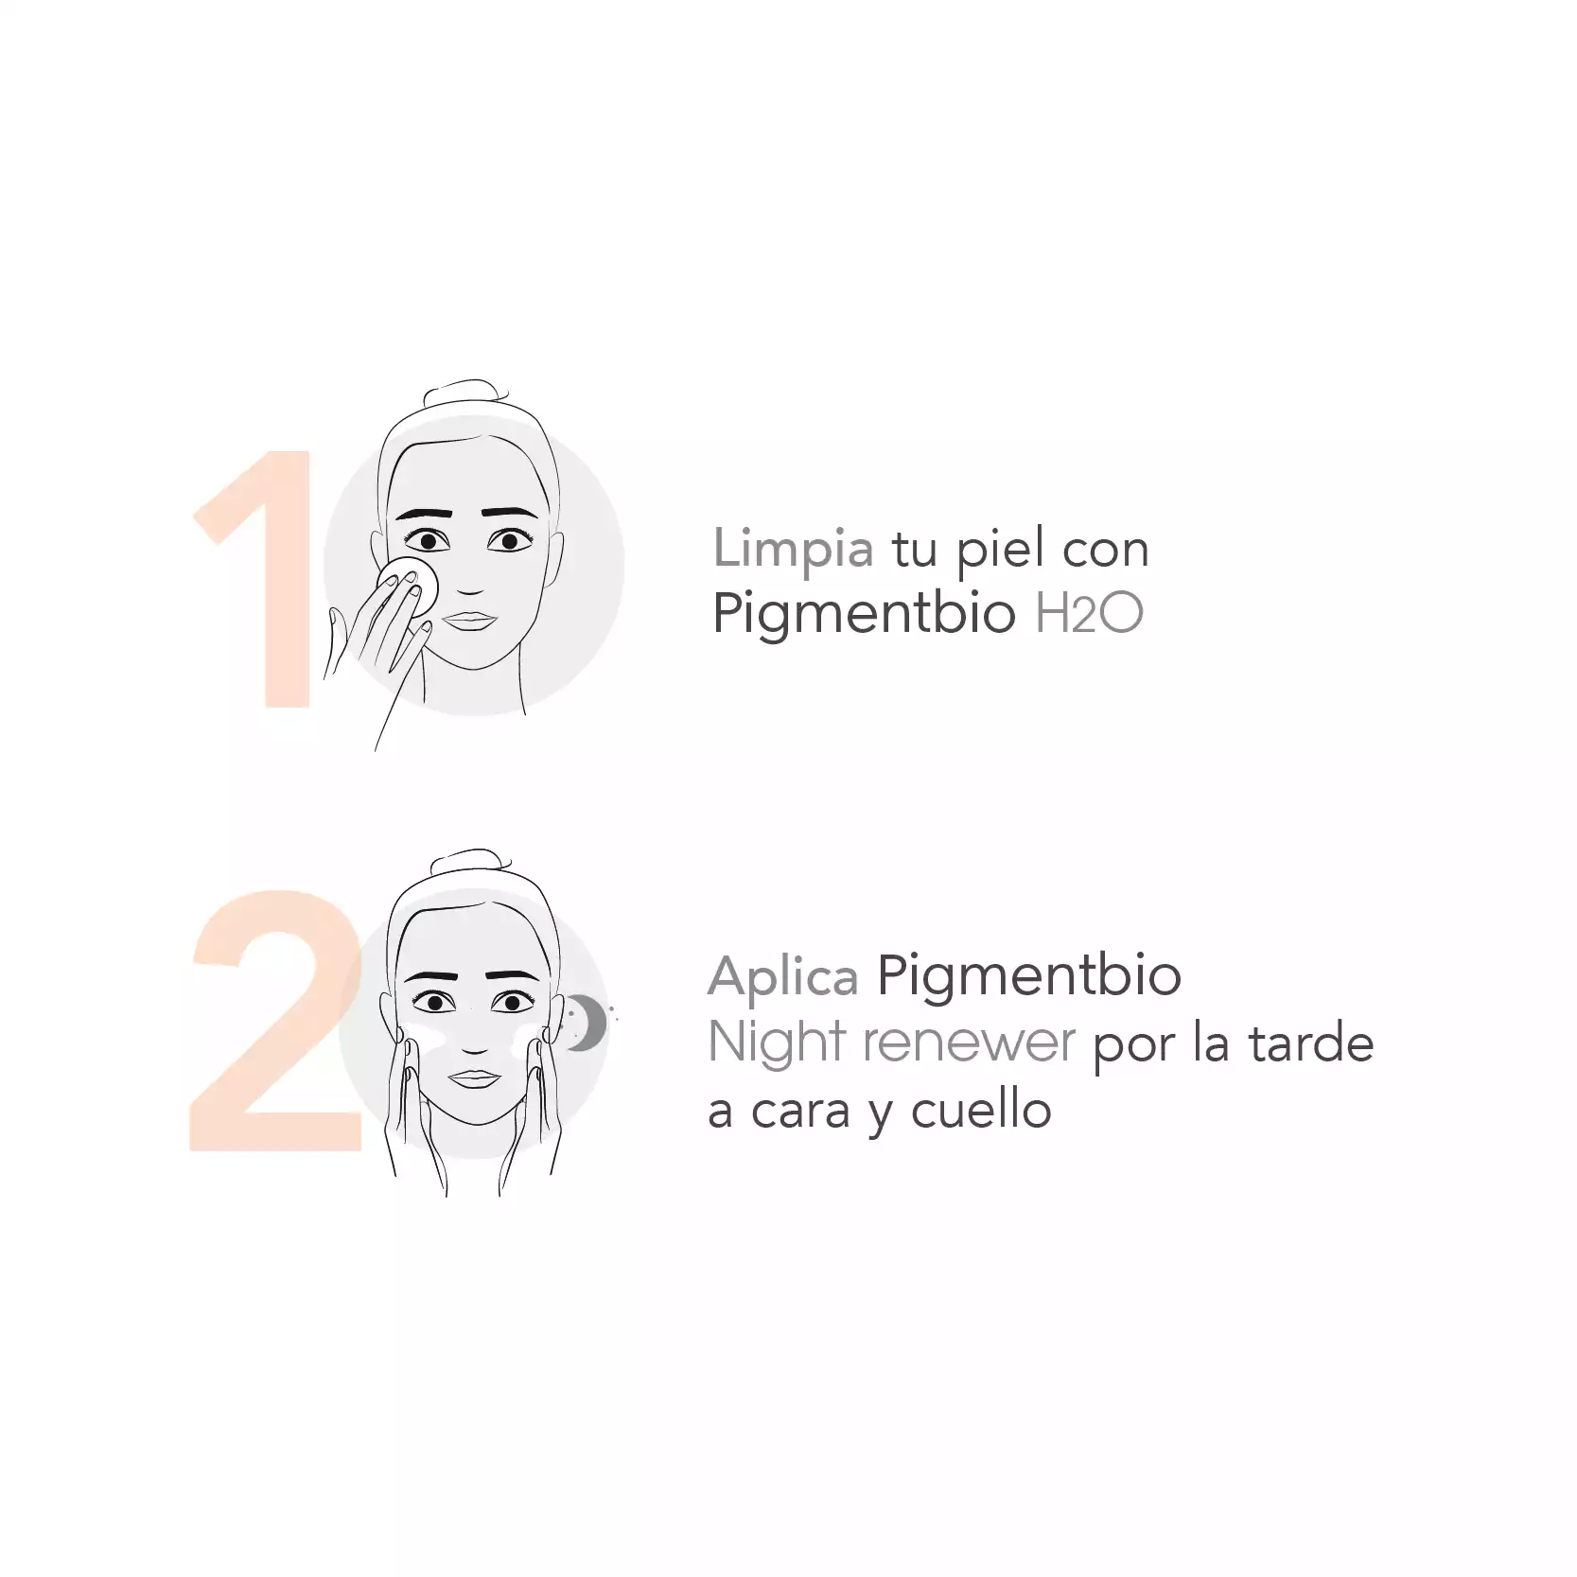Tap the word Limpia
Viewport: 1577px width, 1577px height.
[x=793, y=550]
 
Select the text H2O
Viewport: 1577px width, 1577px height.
[x=1089, y=613]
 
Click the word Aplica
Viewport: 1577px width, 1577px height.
[x=783, y=978]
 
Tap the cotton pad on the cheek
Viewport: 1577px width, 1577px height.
[x=409, y=587]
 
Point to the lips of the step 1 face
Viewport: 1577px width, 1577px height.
[x=470, y=622]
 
